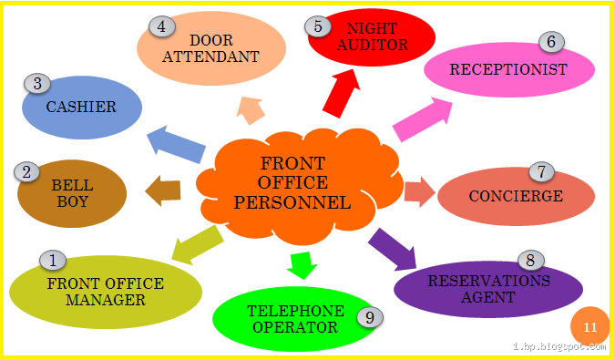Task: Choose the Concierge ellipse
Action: coord(516,197)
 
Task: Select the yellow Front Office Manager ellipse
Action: coord(105,292)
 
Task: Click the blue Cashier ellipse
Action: coord(82,108)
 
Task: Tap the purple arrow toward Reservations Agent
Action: coord(393,249)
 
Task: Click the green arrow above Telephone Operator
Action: coord(300,263)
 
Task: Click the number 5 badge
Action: coord(318,26)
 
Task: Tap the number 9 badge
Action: coord(369,316)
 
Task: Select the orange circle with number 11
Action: coord(589,326)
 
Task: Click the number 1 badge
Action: coord(52,261)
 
